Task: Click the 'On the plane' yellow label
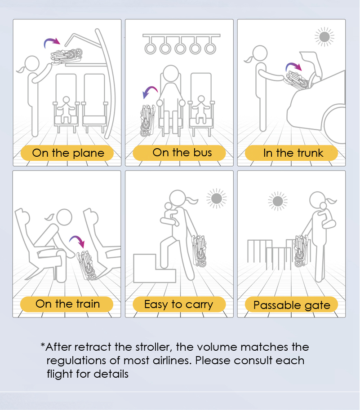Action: click(67, 153)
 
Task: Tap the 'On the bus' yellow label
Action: click(179, 153)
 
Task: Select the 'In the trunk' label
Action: click(291, 153)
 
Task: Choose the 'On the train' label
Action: click(67, 304)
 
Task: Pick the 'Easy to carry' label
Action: click(179, 304)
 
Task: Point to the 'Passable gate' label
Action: click(291, 304)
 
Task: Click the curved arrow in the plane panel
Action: click(52, 40)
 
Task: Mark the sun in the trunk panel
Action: click(324, 37)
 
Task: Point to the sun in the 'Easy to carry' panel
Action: click(216, 198)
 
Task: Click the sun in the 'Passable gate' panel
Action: click(278, 201)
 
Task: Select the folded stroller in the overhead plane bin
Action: click(67, 56)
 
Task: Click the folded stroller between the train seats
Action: click(87, 265)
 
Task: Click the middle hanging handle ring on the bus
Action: click(180, 48)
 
